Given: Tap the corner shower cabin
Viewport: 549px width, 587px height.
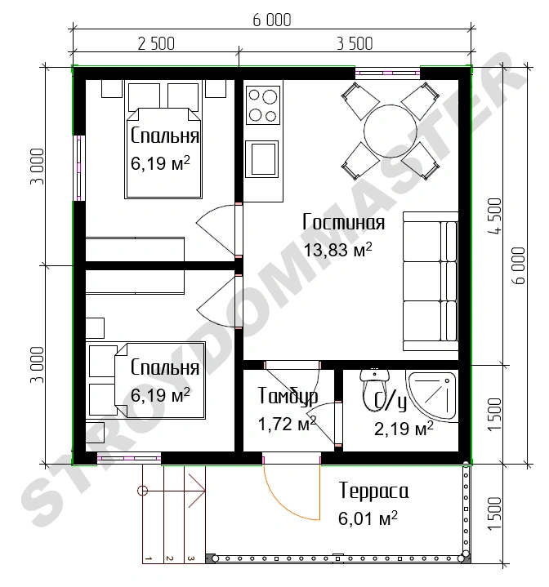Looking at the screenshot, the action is [433, 396].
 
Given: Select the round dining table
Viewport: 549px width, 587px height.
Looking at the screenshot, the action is [391, 131].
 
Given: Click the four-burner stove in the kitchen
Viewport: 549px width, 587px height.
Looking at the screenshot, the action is [263, 105].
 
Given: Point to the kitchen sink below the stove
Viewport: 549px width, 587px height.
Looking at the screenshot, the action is [262, 159].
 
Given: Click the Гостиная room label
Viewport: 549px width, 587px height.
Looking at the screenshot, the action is [343, 222].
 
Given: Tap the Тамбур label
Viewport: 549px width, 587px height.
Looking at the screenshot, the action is [288, 397].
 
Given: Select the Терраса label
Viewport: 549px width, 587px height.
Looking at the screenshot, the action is [373, 491].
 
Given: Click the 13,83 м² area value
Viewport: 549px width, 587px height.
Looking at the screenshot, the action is [337, 250].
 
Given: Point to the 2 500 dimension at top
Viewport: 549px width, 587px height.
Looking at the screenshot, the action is [156, 43].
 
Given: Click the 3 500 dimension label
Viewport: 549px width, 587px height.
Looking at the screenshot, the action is [355, 43].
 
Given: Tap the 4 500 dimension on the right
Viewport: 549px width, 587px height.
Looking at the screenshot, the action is [494, 216].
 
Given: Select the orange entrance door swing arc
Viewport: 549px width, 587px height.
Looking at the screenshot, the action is [283, 505].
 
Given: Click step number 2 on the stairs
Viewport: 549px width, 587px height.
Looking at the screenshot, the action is [169, 558].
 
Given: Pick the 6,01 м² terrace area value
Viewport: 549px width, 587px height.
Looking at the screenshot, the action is [368, 518].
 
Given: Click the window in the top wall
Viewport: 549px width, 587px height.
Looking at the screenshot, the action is [387, 73].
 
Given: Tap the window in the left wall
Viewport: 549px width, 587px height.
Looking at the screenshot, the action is [79, 167].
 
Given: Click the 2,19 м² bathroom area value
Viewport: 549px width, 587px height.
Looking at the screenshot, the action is [404, 429].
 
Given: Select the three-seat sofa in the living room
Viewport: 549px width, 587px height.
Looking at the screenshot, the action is [431, 281].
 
